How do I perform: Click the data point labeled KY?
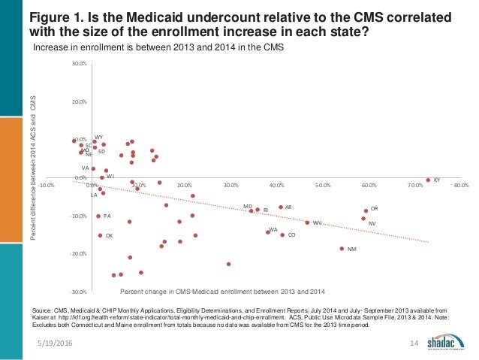click(x=428, y=180)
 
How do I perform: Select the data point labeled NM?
click(x=342, y=249)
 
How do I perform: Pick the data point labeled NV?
click(x=363, y=219)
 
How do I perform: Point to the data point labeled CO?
click(x=282, y=235)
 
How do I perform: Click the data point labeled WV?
click(x=307, y=222)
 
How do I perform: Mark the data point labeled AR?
click(x=281, y=207)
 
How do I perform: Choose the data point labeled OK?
click(x=100, y=235)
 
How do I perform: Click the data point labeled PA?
click(x=98, y=216)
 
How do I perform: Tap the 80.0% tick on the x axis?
click(x=461, y=184)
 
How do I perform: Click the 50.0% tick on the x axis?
click(x=323, y=184)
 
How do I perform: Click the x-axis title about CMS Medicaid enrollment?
click(x=222, y=291)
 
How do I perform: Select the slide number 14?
click(x=412, y=343)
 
